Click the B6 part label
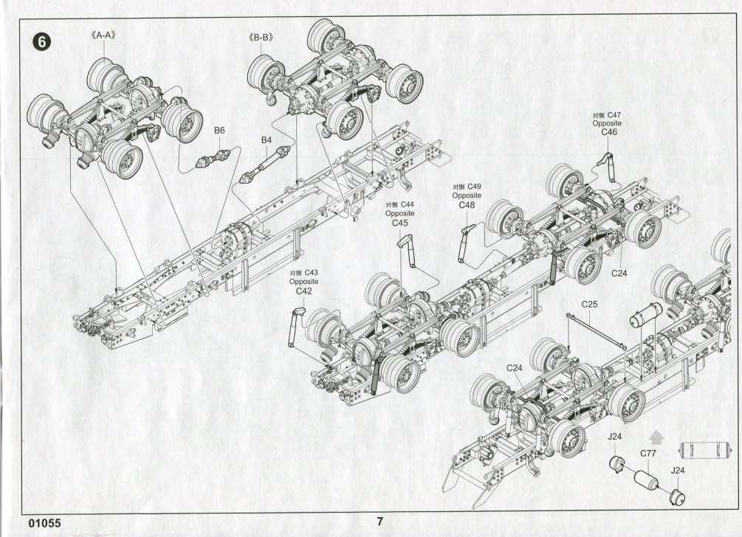(219, 131)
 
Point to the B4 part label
(267, 139)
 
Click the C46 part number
(609, 133)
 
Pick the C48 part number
(467, 205)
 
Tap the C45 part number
(399, 223)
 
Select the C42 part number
(303, 291)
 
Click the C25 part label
(589, 304)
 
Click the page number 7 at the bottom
(379, 521)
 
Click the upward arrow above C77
(653, 436)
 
